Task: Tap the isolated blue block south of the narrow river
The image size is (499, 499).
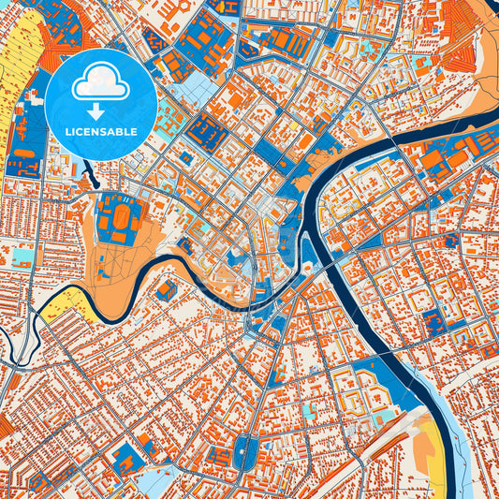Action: tap(165, 289)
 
